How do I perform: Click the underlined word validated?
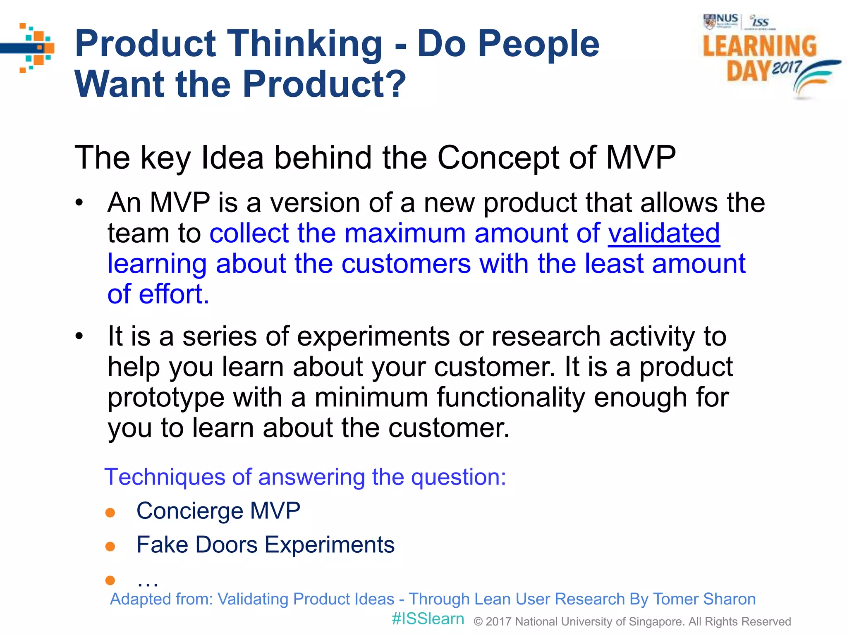664,234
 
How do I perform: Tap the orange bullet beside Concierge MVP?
110,513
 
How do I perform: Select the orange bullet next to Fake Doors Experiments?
110,547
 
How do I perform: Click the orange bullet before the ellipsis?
110,580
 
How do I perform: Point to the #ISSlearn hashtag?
428,619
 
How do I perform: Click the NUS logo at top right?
721,21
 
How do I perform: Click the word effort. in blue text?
174,294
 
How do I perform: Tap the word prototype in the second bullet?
166,398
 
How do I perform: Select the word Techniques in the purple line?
164,477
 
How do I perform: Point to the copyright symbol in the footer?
478,622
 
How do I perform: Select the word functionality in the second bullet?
511,398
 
